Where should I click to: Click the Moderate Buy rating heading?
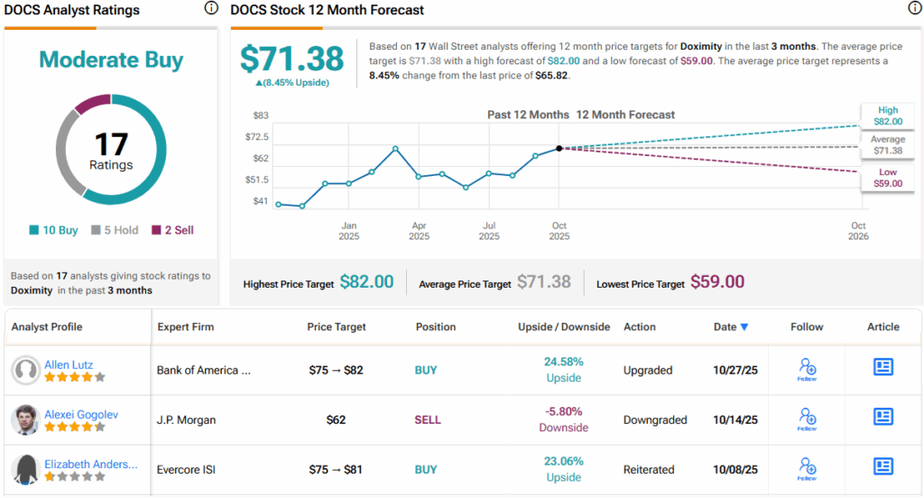[111, 60]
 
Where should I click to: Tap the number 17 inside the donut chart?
[111, 144]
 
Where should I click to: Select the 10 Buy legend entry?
[54, 230]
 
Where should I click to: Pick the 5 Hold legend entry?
[115, 230]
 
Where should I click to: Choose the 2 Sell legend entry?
[172, 230]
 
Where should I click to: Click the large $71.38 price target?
[291, 59]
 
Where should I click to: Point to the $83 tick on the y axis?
[259, 115]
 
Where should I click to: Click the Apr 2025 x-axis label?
[419, 231]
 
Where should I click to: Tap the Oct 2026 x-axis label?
[858, 231]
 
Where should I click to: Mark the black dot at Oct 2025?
[559, 148]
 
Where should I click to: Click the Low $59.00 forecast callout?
[887, 178]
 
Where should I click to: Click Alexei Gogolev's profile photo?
[26, 420]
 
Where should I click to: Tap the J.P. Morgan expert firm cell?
[188, 420]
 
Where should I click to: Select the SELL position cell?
[427, 420]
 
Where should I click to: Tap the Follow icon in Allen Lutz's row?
[807, 369]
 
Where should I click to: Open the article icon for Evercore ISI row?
[882, 466]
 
